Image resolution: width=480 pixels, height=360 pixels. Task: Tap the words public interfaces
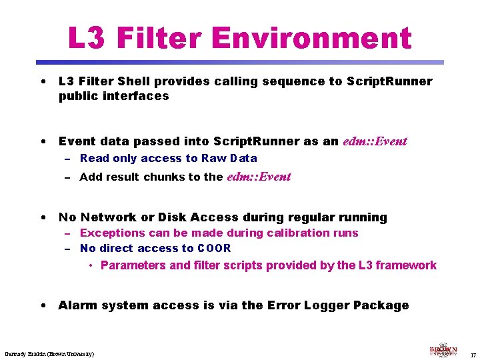click(x=114, y=96)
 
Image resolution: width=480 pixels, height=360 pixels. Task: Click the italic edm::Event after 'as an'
click(x=375, y=141)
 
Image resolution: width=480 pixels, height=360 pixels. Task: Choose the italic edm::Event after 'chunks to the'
click(x=259, y=177)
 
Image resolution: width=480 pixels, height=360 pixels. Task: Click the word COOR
click(x=215, y=249)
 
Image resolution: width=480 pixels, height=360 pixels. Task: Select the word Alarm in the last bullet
click(x=77, y=305)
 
